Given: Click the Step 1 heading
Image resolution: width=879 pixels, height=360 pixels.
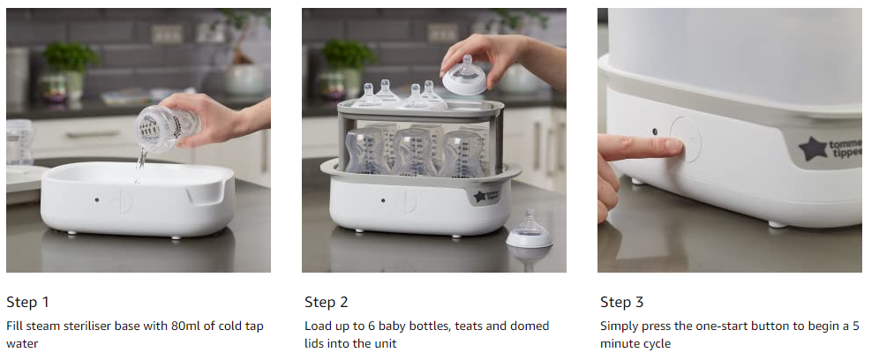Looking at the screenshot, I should tap(27, 303).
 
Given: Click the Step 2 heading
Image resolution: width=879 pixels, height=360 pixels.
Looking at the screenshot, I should tap(326, 303).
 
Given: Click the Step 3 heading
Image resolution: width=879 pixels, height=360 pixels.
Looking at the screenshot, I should tap(622, 303).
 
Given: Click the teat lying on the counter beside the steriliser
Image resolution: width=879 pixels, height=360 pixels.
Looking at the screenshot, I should tap(530, 231).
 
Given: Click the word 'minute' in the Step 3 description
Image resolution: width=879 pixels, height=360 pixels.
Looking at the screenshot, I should tap(623, 344).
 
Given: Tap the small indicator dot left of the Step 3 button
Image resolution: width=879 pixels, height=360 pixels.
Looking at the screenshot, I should tap(654, 132).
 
